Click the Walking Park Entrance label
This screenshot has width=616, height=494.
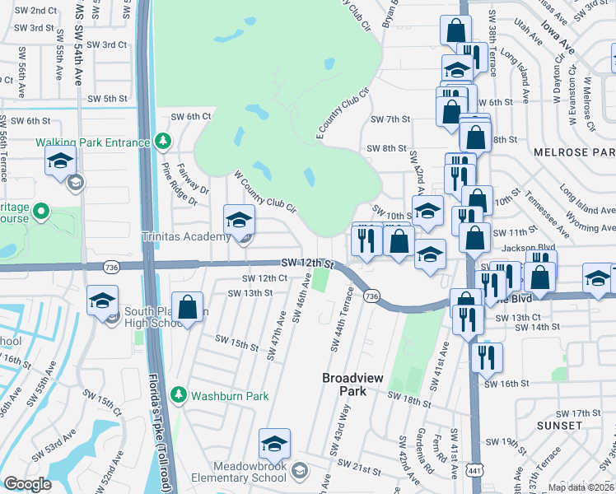(93, 142)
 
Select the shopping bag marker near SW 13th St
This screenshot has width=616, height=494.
(188, 308)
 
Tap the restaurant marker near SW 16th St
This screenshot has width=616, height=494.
(486, 357)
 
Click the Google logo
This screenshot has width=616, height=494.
(28, 483)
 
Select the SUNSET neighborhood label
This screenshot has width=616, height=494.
(561, 425)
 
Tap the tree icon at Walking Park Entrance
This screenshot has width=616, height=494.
(163, 142)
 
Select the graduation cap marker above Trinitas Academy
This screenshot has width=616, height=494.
(240, 220)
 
